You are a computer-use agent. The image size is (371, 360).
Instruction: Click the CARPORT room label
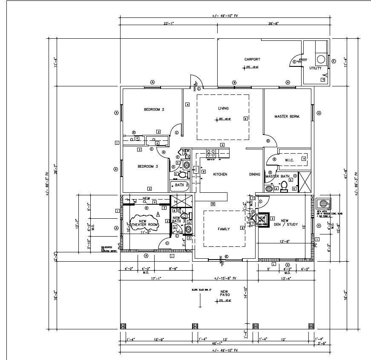[x=252, y=60]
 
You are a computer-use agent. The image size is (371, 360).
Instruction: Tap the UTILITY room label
[x=315, y=68]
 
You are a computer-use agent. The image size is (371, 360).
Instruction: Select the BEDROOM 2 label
[x=154, y=110]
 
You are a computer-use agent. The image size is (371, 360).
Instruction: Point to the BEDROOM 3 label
[x=147, y=166]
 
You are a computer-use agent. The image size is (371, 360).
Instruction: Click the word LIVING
[x=223, y=109]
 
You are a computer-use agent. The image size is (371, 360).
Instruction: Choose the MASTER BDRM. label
[x=287, y=117]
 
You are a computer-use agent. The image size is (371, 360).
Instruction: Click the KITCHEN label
[x=220, y=174]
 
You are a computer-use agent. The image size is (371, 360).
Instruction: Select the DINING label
[x=255, y=174]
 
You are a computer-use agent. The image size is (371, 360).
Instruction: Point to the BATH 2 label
[x=182, y=185]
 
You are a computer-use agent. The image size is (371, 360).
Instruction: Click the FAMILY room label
[x=224, y=229]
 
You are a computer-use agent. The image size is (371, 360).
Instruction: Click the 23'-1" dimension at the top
[x=168, y=24]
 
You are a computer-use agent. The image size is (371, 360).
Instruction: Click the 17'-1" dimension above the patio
[x=155, y=279]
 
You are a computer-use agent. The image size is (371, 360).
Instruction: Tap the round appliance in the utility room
[x=321, y=59]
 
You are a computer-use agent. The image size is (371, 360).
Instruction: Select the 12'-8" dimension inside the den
[x=285, y=241]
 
